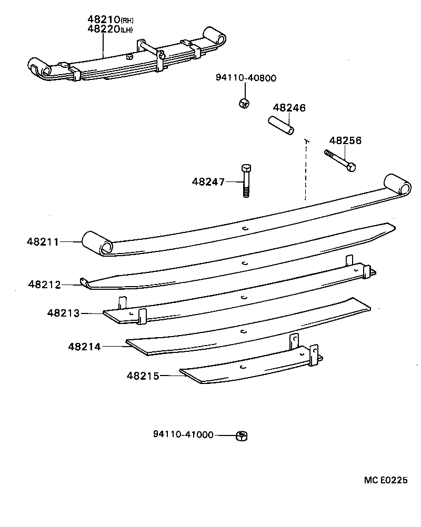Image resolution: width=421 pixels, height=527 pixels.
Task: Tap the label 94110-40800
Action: pyautogui.click(x=246, y=78)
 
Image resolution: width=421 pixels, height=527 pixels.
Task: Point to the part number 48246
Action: pyautogui.click(x=289, y=108)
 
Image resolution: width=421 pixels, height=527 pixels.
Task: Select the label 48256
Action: pyautogui.click(x=345, y=141)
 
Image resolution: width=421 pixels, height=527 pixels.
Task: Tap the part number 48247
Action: pyautogui.click(x=208, y=182)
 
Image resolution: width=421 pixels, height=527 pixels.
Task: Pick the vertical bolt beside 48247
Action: pyautogui.click(x=246, y=180)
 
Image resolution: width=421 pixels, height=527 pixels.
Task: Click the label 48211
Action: pyautogui.click(x=43, y=242)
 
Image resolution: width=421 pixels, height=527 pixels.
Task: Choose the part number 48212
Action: pyautogui.click(x=45, y=285)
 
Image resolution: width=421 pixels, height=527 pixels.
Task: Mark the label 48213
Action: pyautogui.click(x=63, y=313)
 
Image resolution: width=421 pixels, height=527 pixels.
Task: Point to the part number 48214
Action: pyautogui.click(x=84, y=347)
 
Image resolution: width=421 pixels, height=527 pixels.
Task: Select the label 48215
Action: pyautogui.click(x=142, y=376)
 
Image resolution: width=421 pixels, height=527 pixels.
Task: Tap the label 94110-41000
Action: pyautogui.click(x=183, y=434)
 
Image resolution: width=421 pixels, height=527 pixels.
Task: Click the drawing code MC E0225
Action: pyautogui.click(x=386, y=480)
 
